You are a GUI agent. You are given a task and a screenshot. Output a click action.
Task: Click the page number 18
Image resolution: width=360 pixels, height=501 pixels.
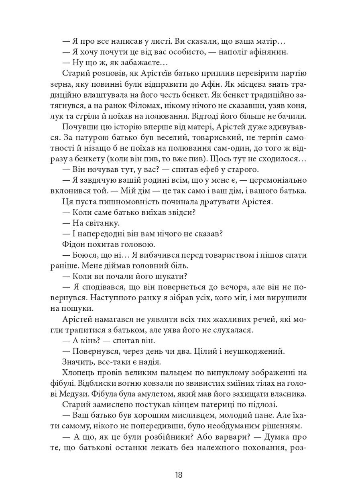click(179, 475)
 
